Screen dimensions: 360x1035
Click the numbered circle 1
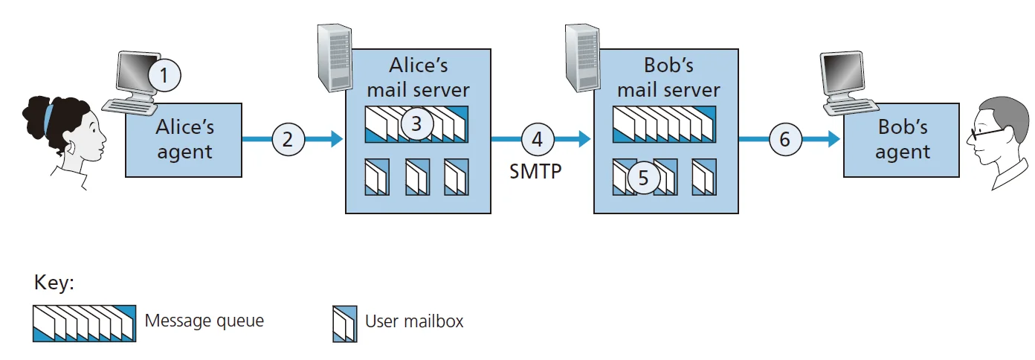pos(165,74)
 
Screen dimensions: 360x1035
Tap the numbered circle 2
pos(288,139)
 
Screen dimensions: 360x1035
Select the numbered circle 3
pos(416,124)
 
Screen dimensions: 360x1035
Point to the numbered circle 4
pos(537,139)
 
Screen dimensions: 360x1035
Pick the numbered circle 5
pos(644,178)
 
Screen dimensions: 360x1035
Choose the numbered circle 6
pos(785,139)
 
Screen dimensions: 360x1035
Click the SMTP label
pos(535,173)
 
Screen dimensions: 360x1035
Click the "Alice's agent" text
pos(184,140)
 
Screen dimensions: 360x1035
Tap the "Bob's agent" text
pos(903,140)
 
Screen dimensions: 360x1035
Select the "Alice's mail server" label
pos(419,77)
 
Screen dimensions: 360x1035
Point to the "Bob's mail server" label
pos(668,77)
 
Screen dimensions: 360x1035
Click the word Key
pos(54,284)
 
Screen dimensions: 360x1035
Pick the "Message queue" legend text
pos(204,321)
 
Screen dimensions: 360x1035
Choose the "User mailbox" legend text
pos(414,321)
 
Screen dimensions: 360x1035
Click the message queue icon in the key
pos(84,323)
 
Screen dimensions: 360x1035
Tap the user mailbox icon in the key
pos(344,323)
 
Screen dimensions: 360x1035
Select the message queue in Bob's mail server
pos(663,124)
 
